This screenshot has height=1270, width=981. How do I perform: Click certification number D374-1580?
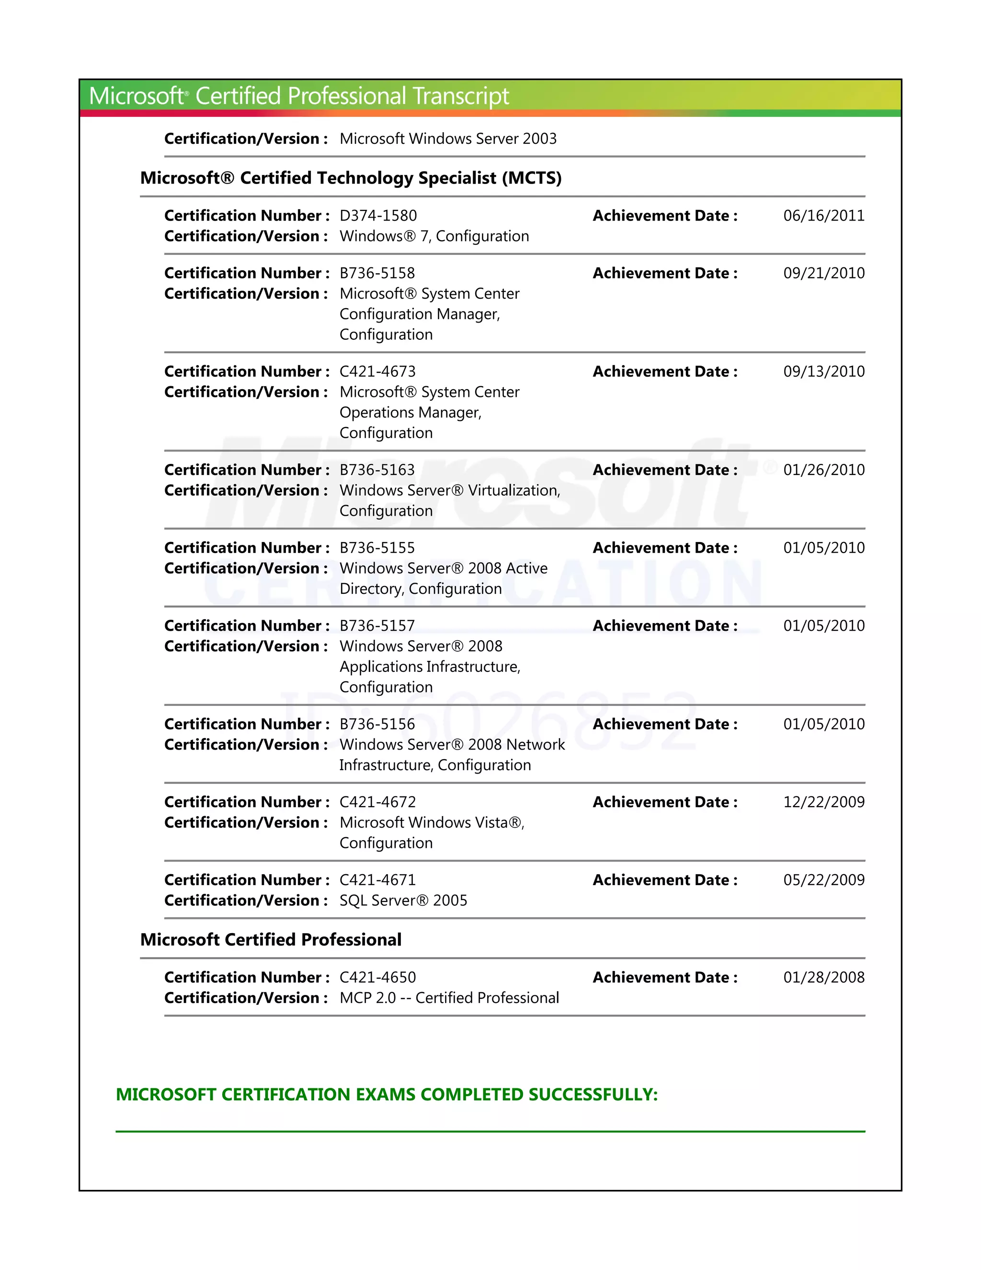(x=378, y=216)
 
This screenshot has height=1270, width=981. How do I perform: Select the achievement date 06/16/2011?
(x=823, y=216)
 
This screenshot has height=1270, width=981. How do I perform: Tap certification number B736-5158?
(x=376, y=273)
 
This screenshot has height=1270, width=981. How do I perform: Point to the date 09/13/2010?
(x=823, y=371)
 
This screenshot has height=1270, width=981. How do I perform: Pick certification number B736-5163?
(x=376, y=470)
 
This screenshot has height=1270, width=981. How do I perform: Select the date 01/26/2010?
(x=823, y=470)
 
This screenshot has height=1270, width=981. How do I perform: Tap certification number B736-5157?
(x=376, y=626)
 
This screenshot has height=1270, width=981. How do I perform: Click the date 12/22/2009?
(x=823, y=802)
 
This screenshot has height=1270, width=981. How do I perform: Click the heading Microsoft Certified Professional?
(x=270, y=940)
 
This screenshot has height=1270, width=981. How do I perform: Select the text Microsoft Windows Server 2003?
(x=447, y=139)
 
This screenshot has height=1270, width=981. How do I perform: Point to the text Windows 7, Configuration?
(x=433, y=236)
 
